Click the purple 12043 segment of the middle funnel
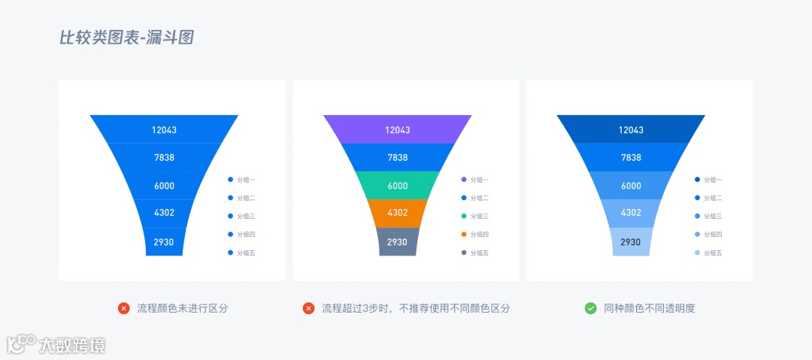[398, 129]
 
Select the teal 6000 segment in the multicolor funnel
[398, 186]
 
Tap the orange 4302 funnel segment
[398, 213]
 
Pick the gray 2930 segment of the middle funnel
[398, 242]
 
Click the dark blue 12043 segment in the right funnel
[631, 129]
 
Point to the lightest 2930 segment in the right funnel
[631, 242]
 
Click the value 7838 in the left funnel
[164, 157]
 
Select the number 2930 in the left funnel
[164, 242]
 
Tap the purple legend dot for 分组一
[464, 180]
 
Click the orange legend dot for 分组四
[464, 234]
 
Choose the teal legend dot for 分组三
[464, 216]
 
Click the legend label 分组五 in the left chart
[246, 253]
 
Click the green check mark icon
[591, 308]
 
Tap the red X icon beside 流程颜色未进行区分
[124, 308]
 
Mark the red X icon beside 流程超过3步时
[308, 308]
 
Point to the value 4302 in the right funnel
[631, 213]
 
